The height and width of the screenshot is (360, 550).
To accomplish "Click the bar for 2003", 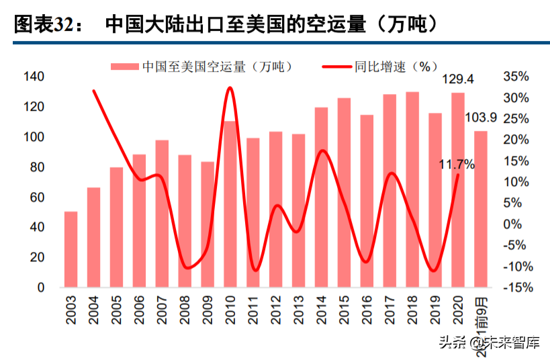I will (x=71, y=249).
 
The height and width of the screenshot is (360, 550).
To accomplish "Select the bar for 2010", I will (x=230, y=204).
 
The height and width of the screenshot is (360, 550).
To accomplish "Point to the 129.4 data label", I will (x=457, y=79).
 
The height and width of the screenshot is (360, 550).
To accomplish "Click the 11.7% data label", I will (x=457, y=164).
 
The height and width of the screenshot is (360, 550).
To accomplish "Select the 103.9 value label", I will (x=481, y=118).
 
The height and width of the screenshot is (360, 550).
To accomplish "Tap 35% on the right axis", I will (x=515, y=77).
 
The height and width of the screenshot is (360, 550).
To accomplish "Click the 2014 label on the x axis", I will (x=322, y=308).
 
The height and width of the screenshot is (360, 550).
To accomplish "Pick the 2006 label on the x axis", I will (x=139, y=308).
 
